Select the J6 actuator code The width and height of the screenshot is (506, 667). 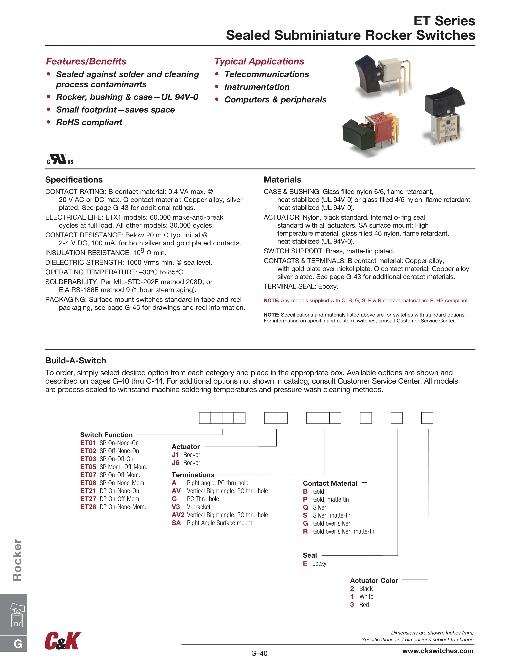[175, 463]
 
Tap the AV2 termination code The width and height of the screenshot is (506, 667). [178, 515]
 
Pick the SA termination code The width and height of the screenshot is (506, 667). [176, 523]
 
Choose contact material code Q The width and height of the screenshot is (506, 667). [305, 508]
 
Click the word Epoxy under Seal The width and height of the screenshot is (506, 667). [319, 564]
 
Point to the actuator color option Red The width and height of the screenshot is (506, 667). [364, 605]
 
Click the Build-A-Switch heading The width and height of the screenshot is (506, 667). [76, 361]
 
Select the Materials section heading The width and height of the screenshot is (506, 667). [282, 180]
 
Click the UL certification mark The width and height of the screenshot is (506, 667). [60, 159]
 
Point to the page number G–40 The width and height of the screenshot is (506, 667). [259, 654]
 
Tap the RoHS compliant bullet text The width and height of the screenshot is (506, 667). [89, 122]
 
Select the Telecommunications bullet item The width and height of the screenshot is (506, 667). [267, 74]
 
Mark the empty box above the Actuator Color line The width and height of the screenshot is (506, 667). [427, 418]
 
